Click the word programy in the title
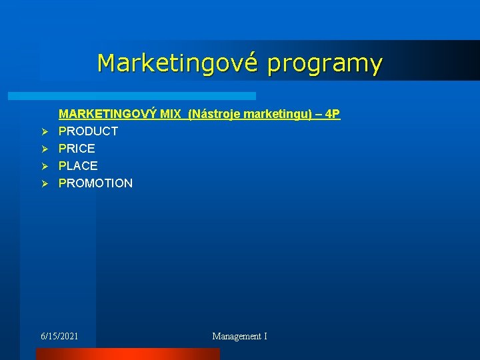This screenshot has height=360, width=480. pyautogui.click(x=325, y=64)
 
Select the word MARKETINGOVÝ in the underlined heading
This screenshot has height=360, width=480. pyautogui.click(x=109, y=114)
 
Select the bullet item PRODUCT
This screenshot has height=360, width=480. pyautogui.click(x=88, y=131)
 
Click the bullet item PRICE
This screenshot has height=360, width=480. pyautogui.click(x=77, y=149)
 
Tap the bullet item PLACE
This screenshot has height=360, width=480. pyautogui.click(x=78, y=166)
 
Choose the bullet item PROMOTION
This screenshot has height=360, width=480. pyautogui.click(x=95, y=183)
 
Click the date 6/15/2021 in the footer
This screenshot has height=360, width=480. pyautogui.click(x=59, y=337)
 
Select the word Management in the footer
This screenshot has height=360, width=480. pyautogui.click(x=237, y=337)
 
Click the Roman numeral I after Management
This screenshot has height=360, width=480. pyautogui.click(x=265, y=337)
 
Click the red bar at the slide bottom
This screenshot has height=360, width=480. pyautogui.click(x=127, y=355)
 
